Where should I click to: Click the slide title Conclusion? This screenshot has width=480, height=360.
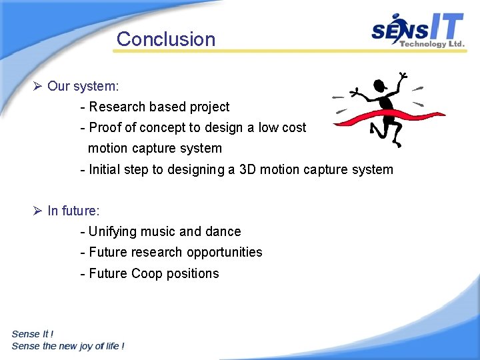coord(166,39)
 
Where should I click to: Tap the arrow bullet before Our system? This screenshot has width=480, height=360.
coord(37,86)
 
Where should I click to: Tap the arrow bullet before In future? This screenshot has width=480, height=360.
coord(37,211)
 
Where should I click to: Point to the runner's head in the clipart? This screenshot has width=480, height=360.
coord(381,85)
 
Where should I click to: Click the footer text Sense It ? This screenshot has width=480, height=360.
coord(33,334)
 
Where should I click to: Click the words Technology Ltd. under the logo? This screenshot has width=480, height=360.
coord(431,44)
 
